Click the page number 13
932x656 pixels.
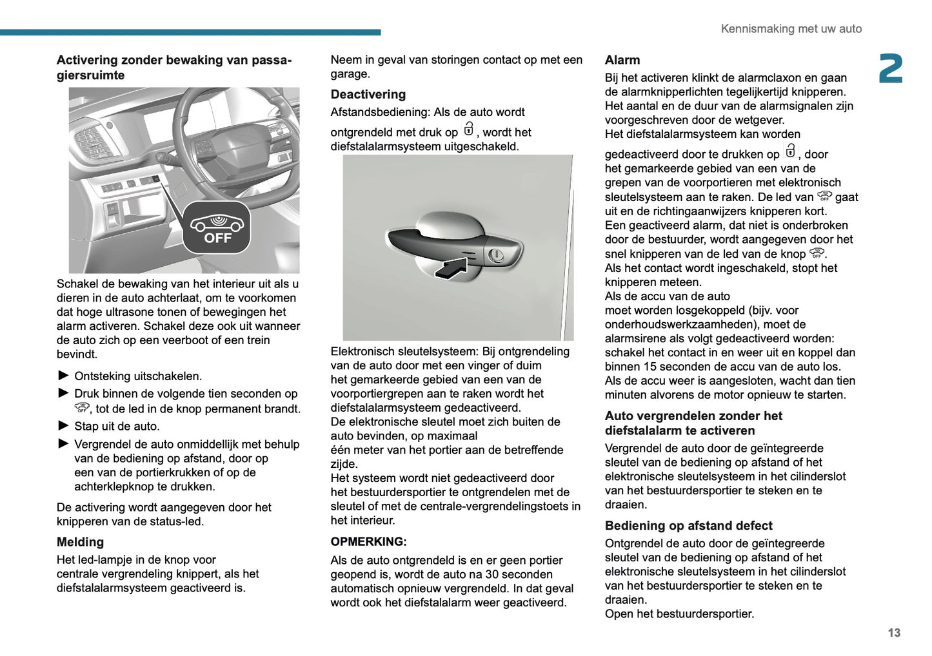[x=893, y=633]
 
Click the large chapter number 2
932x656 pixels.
[x=891, y=69]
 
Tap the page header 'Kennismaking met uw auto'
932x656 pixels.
[x=791, y=29]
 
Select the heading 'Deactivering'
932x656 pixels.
[x=368, y=94]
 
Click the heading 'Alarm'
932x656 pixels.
[x=622, y=60]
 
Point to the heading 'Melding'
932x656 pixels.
[x=80, y=542]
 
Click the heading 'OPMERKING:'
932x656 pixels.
[x=368, y=541]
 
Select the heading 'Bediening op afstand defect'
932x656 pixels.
[x=688, y=526]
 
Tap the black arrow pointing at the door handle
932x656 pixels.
[x=451, y=267]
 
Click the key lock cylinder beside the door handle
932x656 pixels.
[x=495, y=255]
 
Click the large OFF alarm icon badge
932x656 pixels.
[x=217, y=227]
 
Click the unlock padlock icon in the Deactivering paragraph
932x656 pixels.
[x=468, y=130]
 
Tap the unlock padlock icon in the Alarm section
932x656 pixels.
[x=790, y=151]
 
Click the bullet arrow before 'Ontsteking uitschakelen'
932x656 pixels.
[x=63, y=376]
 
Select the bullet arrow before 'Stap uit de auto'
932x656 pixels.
[x=63, y=426]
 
